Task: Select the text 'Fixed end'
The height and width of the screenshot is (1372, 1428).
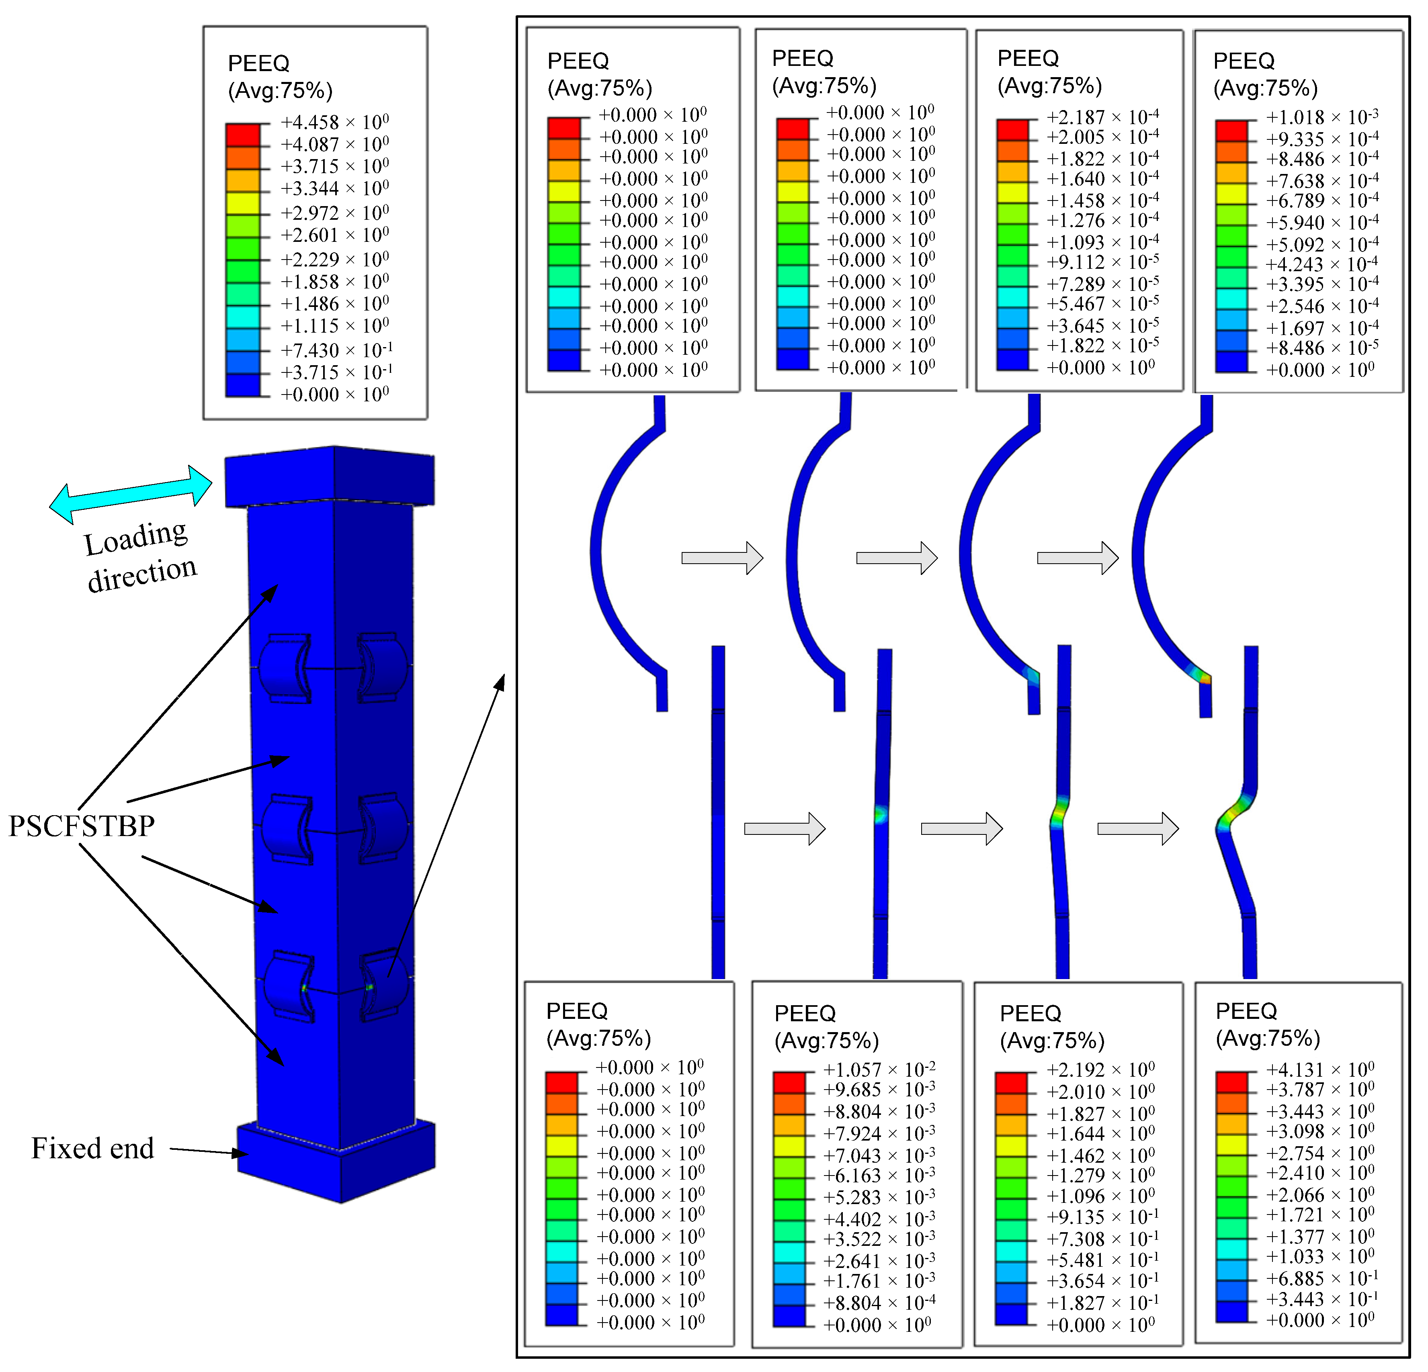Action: [x=92, y=1149]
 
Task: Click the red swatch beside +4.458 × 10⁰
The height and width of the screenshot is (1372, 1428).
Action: [x=243, y=135]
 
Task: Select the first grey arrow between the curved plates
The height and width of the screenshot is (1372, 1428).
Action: [x=722, y=558]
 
